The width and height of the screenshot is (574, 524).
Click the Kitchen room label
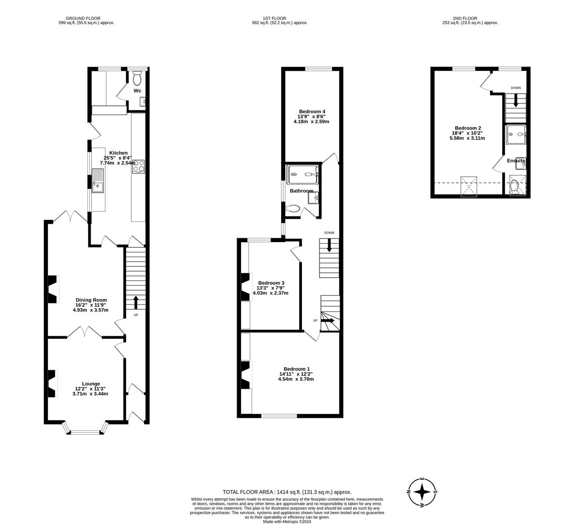point(118,153)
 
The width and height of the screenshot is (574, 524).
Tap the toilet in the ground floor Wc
point(137,78)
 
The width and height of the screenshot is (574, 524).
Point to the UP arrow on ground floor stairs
point(135,302)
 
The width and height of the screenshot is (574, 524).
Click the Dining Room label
point(91,300)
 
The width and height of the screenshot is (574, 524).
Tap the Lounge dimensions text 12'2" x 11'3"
point(90,389)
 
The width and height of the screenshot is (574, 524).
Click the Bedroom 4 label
point(312,112)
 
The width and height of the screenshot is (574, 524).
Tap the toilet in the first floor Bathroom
point(293,209)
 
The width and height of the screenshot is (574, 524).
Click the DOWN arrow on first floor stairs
point(329,246)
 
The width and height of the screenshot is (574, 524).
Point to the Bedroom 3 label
point(271,283)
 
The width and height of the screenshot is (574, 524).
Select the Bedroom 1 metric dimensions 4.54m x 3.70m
point(296,379)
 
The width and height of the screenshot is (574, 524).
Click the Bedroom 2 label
point(468,128)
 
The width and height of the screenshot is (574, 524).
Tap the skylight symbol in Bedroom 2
point(469,186)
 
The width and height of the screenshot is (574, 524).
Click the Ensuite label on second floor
point(516,161)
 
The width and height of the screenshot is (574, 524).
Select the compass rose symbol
point(422,491)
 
